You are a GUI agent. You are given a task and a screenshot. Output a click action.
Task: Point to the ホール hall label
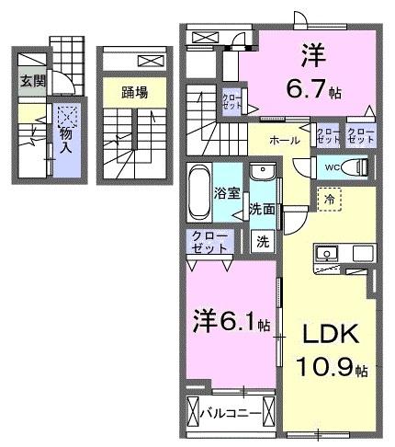point(284,141)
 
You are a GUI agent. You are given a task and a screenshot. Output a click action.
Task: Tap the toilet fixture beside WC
point(359,167)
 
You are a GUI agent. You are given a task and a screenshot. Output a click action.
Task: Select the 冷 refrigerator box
point(327,197)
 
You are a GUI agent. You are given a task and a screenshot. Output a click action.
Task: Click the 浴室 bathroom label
point(228,195)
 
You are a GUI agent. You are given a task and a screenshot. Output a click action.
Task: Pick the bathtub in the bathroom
point(199,193)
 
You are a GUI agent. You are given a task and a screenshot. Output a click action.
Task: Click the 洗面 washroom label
point(262,209)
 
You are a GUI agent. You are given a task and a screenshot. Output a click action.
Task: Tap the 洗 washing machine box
point(262,243)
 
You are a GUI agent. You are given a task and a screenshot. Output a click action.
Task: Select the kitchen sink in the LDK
point(326,253)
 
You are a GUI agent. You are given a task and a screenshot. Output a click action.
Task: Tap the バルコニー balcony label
point(230,412)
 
